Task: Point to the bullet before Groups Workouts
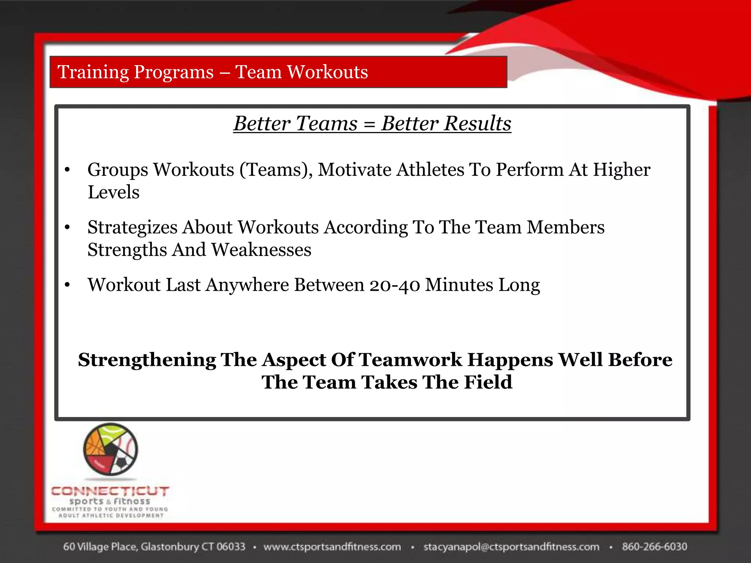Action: pyautogui.click(x=67, y=170)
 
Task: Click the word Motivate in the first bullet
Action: pyautogui.click(x=354, y=170)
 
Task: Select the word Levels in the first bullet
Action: pyautogui.click(x=113, y=192)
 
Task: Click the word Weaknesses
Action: pyautogui.click(x=261, y=250)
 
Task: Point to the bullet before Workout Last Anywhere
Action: pyautogui.click(x=67, y=285)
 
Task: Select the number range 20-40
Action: pyautogui.click(x=394, y=285)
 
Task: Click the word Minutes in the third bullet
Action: pyautogui.click(x=459, y=285)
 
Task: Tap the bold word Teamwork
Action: pyautogui.click(x=410, y=360)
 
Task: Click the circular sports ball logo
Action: pyautogui.click(x=111, y=449)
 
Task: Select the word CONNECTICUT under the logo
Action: pyautogui.click(x=110, y=491)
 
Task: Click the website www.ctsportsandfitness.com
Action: pyautogui.click(x=332, y=547)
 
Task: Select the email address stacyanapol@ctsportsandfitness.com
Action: pyautogui.click(x=511, y=547)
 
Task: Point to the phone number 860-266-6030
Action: pyautogui.click(x=654, y=547)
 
